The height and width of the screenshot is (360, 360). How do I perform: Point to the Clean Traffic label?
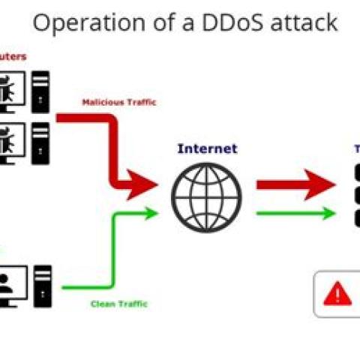(118, 304)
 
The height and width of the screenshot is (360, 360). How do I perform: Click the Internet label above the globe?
(207, 148)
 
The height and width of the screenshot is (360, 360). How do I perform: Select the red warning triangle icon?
(337, 293)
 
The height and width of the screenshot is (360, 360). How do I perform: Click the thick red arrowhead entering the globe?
(139, 185)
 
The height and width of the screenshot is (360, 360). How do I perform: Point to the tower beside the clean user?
(43, 285)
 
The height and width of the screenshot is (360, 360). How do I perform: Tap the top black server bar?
(354, 174)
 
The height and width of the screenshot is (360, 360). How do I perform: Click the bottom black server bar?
(354, 218)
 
